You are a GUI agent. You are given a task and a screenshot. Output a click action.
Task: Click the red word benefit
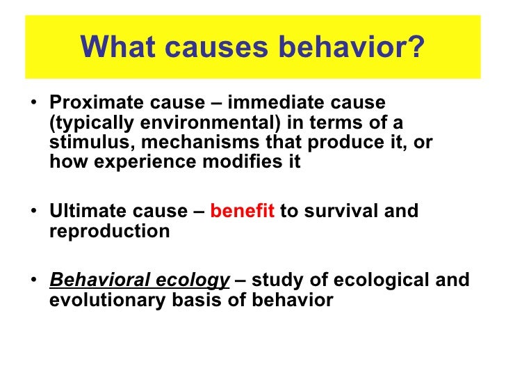[x=243, y=212]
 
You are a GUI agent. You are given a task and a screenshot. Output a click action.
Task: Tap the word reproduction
[x=109, y=232]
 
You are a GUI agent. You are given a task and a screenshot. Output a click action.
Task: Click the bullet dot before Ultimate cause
[x=35, y=212]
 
